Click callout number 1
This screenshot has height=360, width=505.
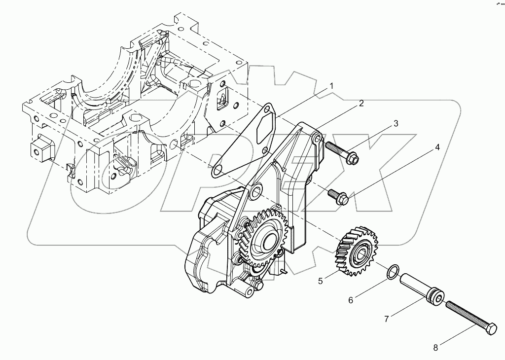click(x=331, y=86)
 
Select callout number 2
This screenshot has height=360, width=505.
click(x=361, y=103)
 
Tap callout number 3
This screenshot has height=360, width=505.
click(x=396, y=124)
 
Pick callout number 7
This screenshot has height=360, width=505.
click(x=386, y=319)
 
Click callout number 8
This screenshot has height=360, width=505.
click(x=435, y=347)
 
